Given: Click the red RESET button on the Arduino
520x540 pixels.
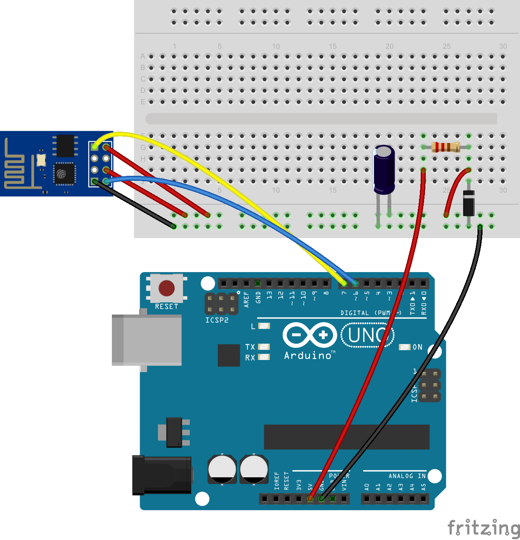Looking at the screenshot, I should (167, 288).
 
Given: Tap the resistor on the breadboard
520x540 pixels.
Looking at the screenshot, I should (446, 147).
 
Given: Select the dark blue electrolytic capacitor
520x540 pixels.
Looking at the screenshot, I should (384, 169).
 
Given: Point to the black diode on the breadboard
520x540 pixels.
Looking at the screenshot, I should (469, 203).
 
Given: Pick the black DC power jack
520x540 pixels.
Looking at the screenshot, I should (162, 475).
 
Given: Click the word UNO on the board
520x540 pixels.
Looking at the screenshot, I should (367, 335).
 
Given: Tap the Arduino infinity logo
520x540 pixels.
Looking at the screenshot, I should (310, 335).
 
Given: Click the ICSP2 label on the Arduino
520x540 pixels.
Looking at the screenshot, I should (217, 320).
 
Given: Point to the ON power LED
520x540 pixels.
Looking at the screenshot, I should (405, 347).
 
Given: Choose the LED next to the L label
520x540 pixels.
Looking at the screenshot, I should (264, 326).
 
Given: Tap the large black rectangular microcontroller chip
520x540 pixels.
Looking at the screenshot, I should (346, 437).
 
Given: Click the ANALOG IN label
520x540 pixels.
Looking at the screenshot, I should (407, 476).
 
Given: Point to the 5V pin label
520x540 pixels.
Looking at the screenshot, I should (310, 487).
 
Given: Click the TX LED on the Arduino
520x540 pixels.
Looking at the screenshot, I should (264, 347).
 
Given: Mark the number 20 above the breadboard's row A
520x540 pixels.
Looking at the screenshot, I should (390, 46).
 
